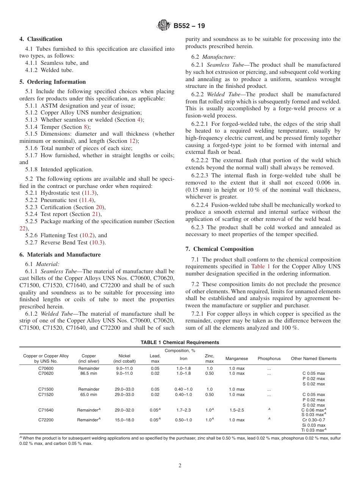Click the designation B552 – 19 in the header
(x=189, y=26)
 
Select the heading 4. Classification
(x=41, y=39)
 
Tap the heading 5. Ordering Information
(x=53, y=82)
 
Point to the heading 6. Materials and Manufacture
(x=60, y=255)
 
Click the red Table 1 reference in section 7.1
(x=259, y=266)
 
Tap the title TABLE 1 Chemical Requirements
(x=180, y=342)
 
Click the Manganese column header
(x=236, y=358)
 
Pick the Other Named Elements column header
(x=313, y=358)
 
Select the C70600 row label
(x=46, y=368)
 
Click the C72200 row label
(x=46, y=420)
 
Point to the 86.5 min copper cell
(x=89, y=374)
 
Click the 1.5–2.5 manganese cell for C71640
(x=236, y=410)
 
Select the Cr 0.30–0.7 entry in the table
(x=313, y=420)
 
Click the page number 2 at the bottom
(x=180, y=466)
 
